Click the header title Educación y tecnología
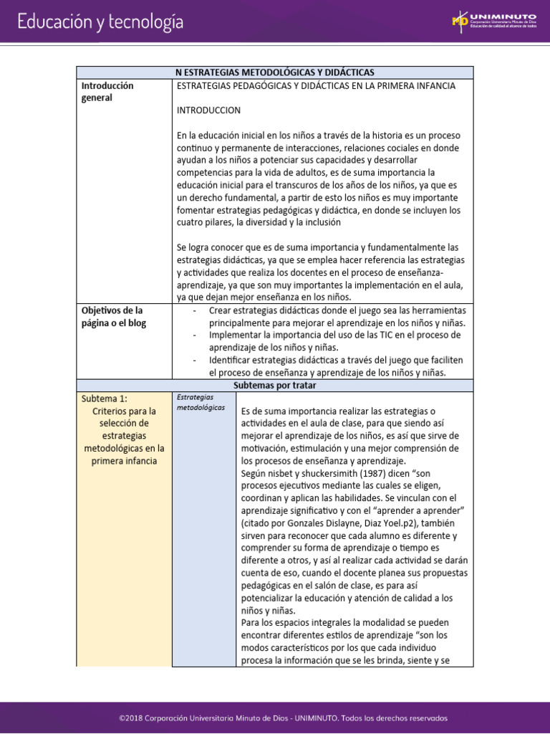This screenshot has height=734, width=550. (100, 22)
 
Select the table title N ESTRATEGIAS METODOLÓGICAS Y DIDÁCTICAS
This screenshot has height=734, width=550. (274, 72)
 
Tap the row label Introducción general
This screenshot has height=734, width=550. (107, 91)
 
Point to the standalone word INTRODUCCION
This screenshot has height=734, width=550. (208, 110)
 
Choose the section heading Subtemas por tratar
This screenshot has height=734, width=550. (274, 386)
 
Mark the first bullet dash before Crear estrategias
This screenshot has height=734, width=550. (196, 310)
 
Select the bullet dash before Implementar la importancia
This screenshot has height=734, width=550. (196, 335)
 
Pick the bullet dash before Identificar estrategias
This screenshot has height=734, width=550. (196, 360)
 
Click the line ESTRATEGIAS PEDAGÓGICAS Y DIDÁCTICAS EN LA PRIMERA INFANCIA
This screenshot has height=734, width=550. (316, 86)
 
